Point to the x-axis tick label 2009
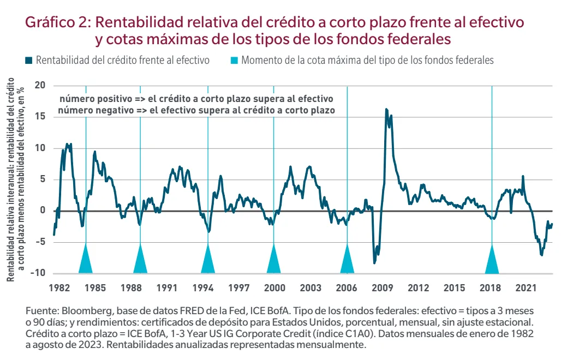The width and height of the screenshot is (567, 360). [x=383, y=286]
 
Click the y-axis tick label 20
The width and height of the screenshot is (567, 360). [x=40, y=85]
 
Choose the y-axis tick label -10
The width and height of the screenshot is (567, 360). [x=38, y=273]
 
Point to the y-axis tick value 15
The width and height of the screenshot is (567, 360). [x=40, y=117]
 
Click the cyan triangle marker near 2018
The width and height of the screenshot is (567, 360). [x=492, y=261]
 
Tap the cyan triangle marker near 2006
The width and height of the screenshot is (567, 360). [x=347, y=261]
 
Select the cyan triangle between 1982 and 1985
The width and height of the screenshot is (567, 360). [x=86, y=261]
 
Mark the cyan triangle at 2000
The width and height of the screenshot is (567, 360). [x=273, y=261]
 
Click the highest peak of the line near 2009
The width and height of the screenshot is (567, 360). [x=386, y=110]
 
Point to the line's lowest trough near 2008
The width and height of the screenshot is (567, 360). [x=374, y=263]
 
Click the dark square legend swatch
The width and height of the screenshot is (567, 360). [x=29, y=61]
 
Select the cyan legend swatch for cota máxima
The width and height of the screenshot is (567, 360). [x=234, y=61]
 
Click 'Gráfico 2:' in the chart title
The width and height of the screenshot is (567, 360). [x=58, y=22]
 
